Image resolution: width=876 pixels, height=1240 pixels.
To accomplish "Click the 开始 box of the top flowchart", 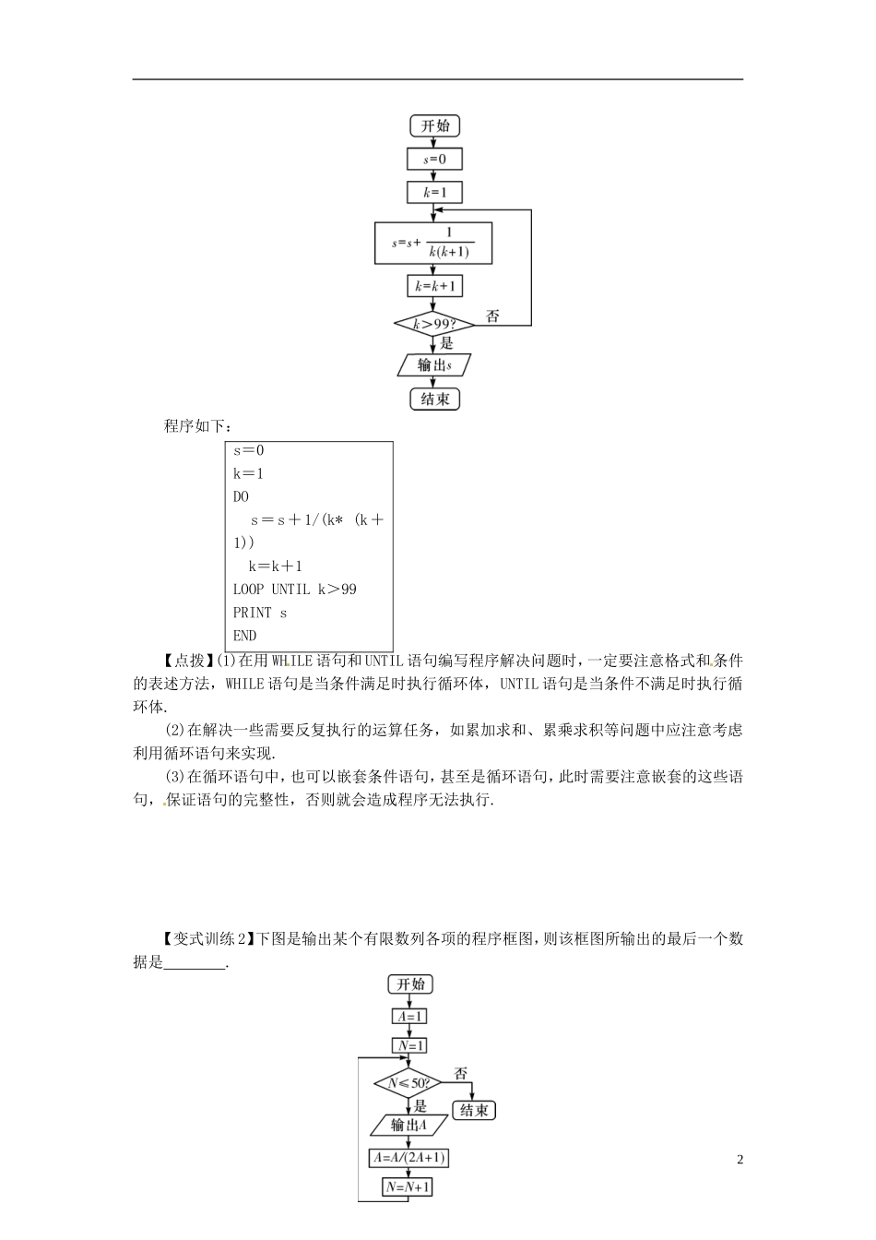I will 434,125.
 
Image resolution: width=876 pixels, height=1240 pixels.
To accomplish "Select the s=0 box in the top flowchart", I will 434,160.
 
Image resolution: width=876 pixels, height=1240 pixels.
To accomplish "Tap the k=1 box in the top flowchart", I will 434,193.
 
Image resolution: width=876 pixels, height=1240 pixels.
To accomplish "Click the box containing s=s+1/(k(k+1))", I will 433,244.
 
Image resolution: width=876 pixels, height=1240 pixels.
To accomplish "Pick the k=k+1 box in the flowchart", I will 434,286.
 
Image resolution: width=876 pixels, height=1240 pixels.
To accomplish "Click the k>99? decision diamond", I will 434,324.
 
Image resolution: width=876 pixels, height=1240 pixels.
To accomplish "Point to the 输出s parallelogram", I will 434,364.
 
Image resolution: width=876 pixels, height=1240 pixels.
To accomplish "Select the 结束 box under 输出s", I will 434,399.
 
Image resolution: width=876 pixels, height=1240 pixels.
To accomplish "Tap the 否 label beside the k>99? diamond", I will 492,316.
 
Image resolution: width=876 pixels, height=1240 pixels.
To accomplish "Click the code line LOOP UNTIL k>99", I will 294,590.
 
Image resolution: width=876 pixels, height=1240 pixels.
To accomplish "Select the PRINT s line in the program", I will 260,613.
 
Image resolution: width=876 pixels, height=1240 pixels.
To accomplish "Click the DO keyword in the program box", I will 241,496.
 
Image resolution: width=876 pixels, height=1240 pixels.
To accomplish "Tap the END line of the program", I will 244,636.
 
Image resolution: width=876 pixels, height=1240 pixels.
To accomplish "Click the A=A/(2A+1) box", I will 409,1158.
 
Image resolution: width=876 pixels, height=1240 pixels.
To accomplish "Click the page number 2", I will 740,1160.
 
